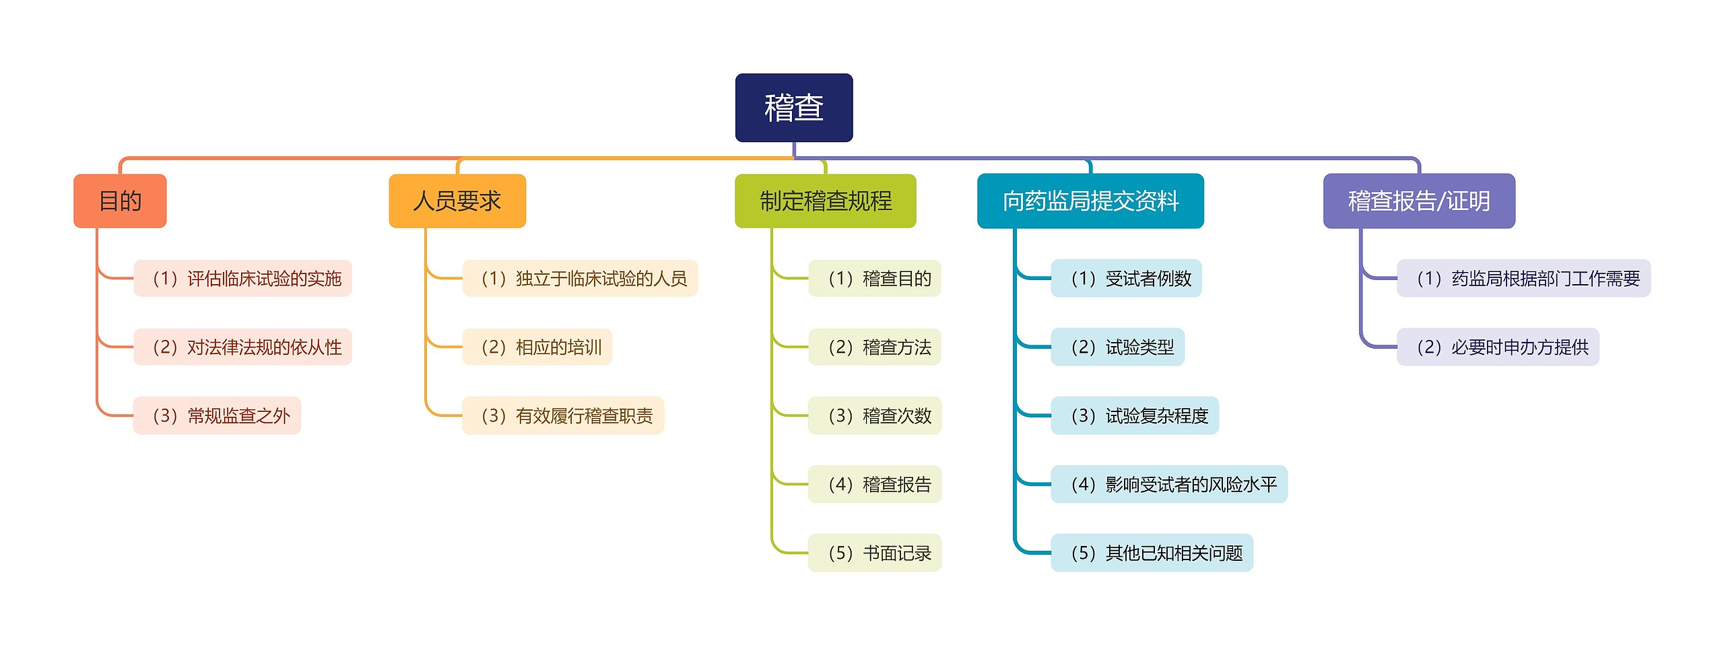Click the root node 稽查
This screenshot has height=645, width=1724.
[793, 108]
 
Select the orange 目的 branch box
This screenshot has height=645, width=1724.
[120, 201]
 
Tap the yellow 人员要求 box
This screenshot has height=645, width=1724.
[457, 201]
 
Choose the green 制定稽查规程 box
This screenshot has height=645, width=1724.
[825, 201]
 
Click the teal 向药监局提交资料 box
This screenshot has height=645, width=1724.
[1090, 201]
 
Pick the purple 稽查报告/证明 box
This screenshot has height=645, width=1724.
[1418, 201]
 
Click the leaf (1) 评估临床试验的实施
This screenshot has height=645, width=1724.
[242, 278]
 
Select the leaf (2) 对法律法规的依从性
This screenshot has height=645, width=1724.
[242, 347]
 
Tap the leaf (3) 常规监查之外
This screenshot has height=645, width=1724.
[217, 415]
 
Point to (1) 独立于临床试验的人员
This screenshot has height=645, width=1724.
[580, 278]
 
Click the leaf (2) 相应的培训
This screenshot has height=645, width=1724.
[537, 347]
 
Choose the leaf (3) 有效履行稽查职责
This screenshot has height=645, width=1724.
[563, 415]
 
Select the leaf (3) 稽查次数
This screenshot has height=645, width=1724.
[874, 415]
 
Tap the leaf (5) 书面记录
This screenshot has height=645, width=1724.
[874, 553]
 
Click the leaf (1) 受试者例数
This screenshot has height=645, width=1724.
[1126, 278]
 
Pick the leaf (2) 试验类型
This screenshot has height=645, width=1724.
[1117, 347]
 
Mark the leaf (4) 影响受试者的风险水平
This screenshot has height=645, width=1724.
[1168, 484]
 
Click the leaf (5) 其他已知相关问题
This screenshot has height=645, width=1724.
[1152, 553]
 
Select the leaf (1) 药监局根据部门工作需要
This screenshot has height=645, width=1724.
[1523, 278]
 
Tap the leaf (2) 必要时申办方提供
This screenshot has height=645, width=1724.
[1498, 347]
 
